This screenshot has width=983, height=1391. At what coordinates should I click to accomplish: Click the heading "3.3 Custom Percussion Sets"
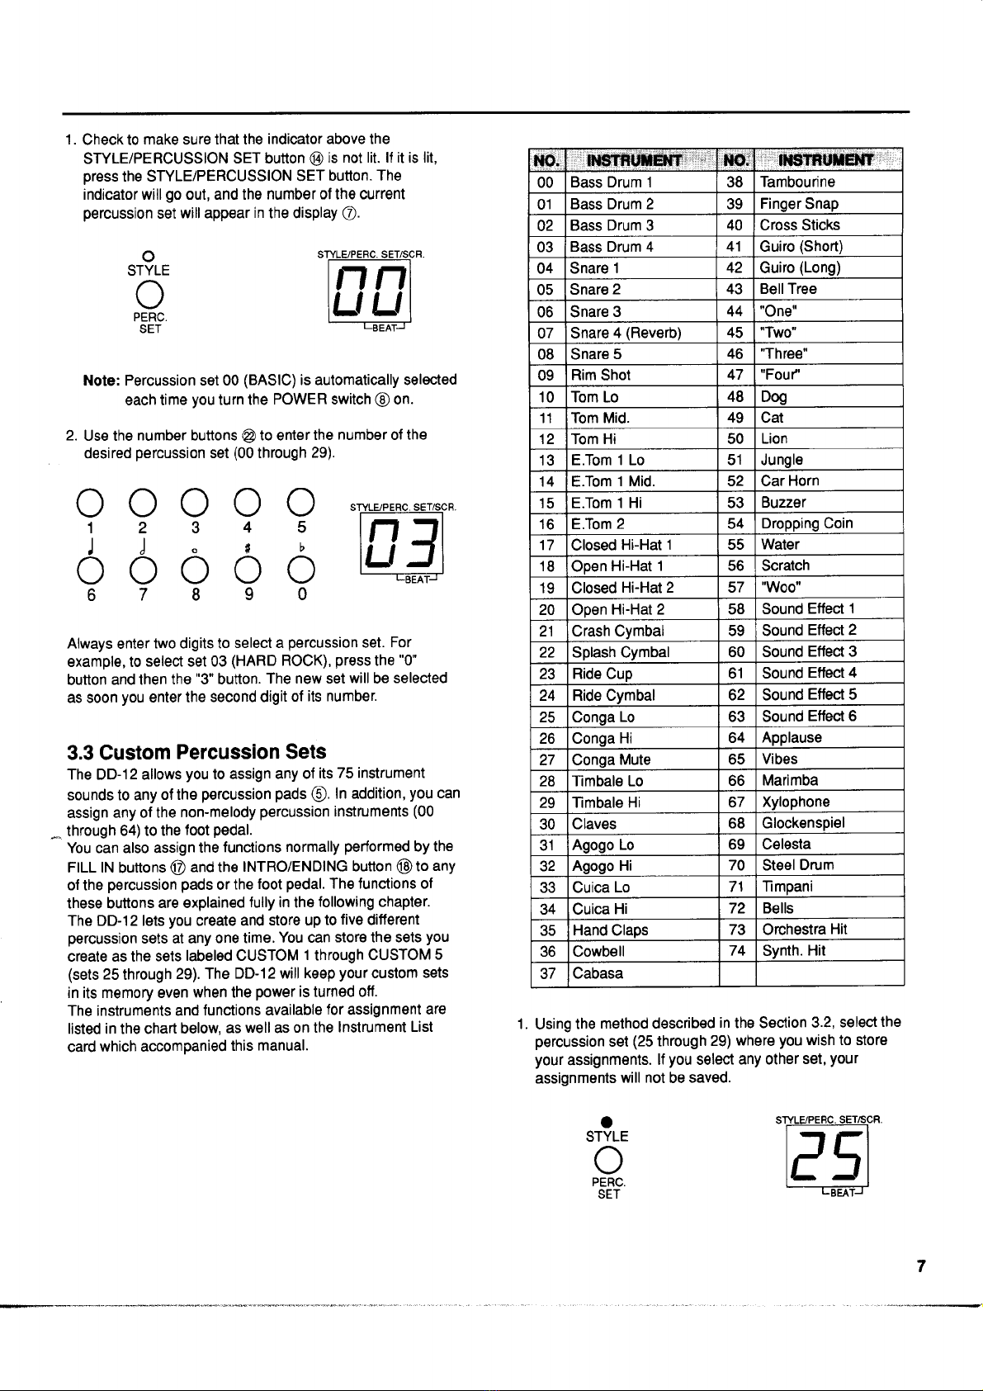tap(196, 752)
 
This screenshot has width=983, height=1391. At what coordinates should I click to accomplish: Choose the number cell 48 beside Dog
tap(735, 396)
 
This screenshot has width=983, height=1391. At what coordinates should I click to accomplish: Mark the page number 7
tap(921, 1266)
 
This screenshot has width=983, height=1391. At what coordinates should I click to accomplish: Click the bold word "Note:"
tap(102, 381)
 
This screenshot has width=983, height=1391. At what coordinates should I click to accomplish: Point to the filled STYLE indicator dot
tap(607, 1121)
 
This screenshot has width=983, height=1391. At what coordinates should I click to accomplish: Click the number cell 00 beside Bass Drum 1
tap(546, 182)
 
